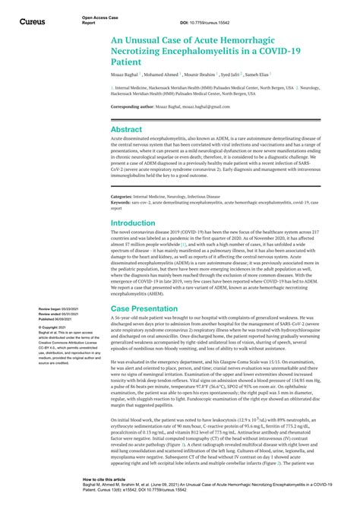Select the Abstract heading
click(127, 130)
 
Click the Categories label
click(124, 196)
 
